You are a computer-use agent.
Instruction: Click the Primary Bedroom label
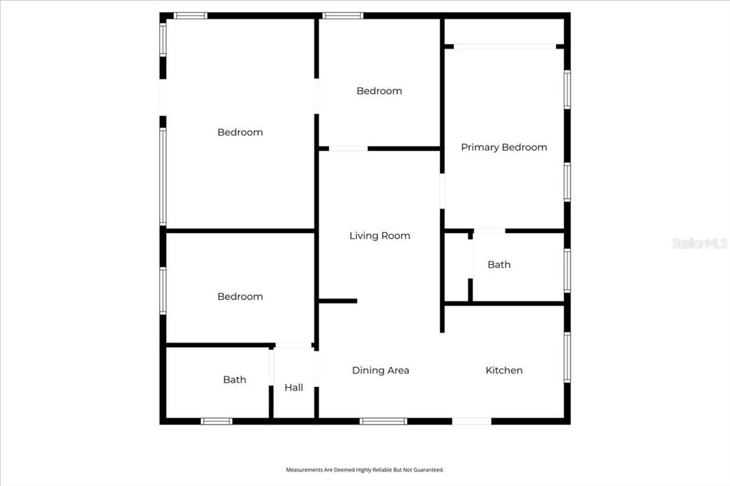coord(504,148)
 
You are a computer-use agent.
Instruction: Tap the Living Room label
coord(380,236)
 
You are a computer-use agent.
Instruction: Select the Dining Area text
coord(381,371)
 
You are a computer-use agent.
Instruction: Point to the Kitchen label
coord(504,371)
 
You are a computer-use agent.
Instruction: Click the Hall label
coord(294,388)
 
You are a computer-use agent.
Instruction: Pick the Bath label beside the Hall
coord(235,380)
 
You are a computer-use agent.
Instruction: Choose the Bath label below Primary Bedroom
coord(499,265)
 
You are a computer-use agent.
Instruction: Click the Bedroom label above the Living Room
coord(379,91)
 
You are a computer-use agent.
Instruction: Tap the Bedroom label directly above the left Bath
coord(240,296)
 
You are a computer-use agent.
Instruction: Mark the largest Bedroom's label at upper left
coord(240,133)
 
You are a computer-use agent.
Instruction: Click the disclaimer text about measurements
coord(365,470)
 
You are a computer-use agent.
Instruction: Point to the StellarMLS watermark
coord(700,243)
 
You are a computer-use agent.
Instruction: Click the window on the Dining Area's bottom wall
coord(383,421)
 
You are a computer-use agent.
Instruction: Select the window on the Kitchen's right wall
coord(567,358)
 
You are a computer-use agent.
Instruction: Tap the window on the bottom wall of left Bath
coord(217,421)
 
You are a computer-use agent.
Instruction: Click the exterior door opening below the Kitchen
coord(472,421)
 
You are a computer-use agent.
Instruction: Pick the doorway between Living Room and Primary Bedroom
coord(442,191)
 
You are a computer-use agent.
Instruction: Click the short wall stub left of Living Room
coord(338,301)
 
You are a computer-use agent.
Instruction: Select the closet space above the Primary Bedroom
coord(504,31)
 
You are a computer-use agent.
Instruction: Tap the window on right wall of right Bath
coord(567,271)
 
